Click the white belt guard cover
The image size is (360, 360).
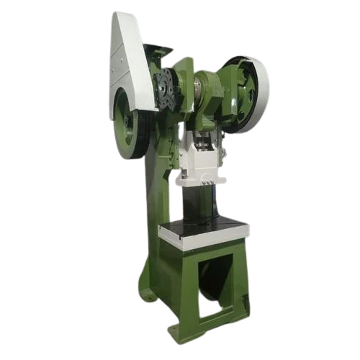(x=130, y=58)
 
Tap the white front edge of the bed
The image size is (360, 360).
(x=205, y=243)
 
